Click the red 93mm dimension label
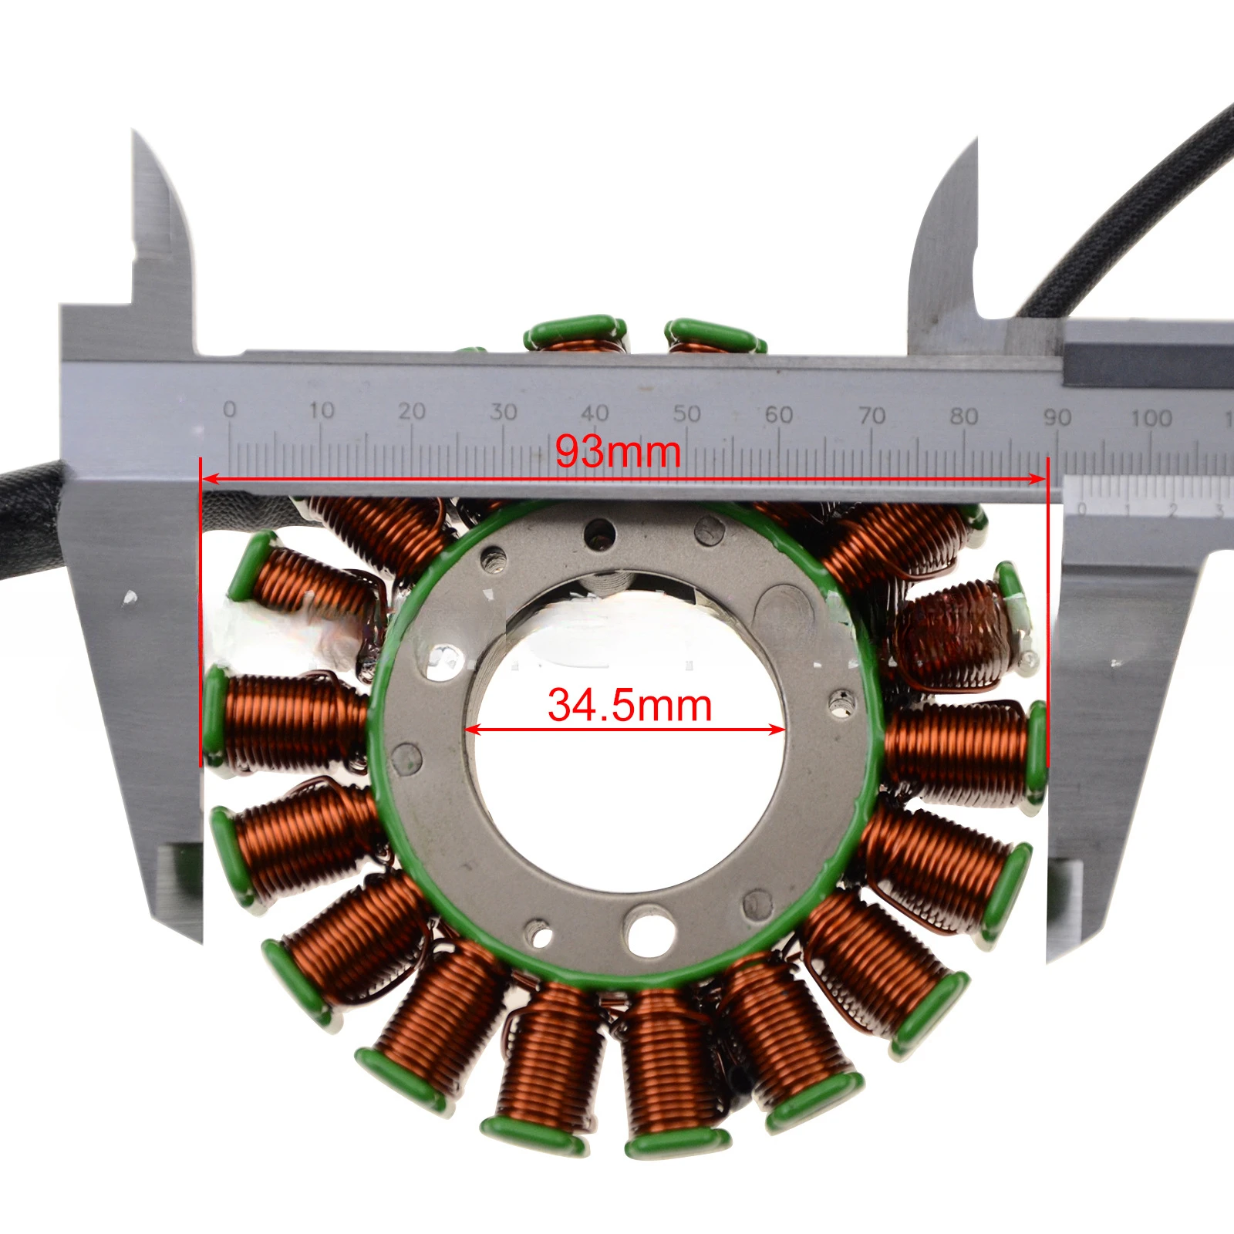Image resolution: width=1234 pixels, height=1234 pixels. tap(618, 451)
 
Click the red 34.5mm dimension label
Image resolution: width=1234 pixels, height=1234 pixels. tap(629, 705)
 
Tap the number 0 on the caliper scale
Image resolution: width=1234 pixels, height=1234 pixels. tap(229, 410)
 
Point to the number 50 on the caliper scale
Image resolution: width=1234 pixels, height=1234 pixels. tap(686, 414)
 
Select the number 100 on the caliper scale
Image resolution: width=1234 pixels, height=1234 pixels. tap(1151, 418)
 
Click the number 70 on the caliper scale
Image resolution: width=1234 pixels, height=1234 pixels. tap(872, 416)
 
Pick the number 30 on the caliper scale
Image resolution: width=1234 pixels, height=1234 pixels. tap(503, 412)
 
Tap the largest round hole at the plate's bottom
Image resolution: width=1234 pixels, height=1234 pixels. tap(649, 931)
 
